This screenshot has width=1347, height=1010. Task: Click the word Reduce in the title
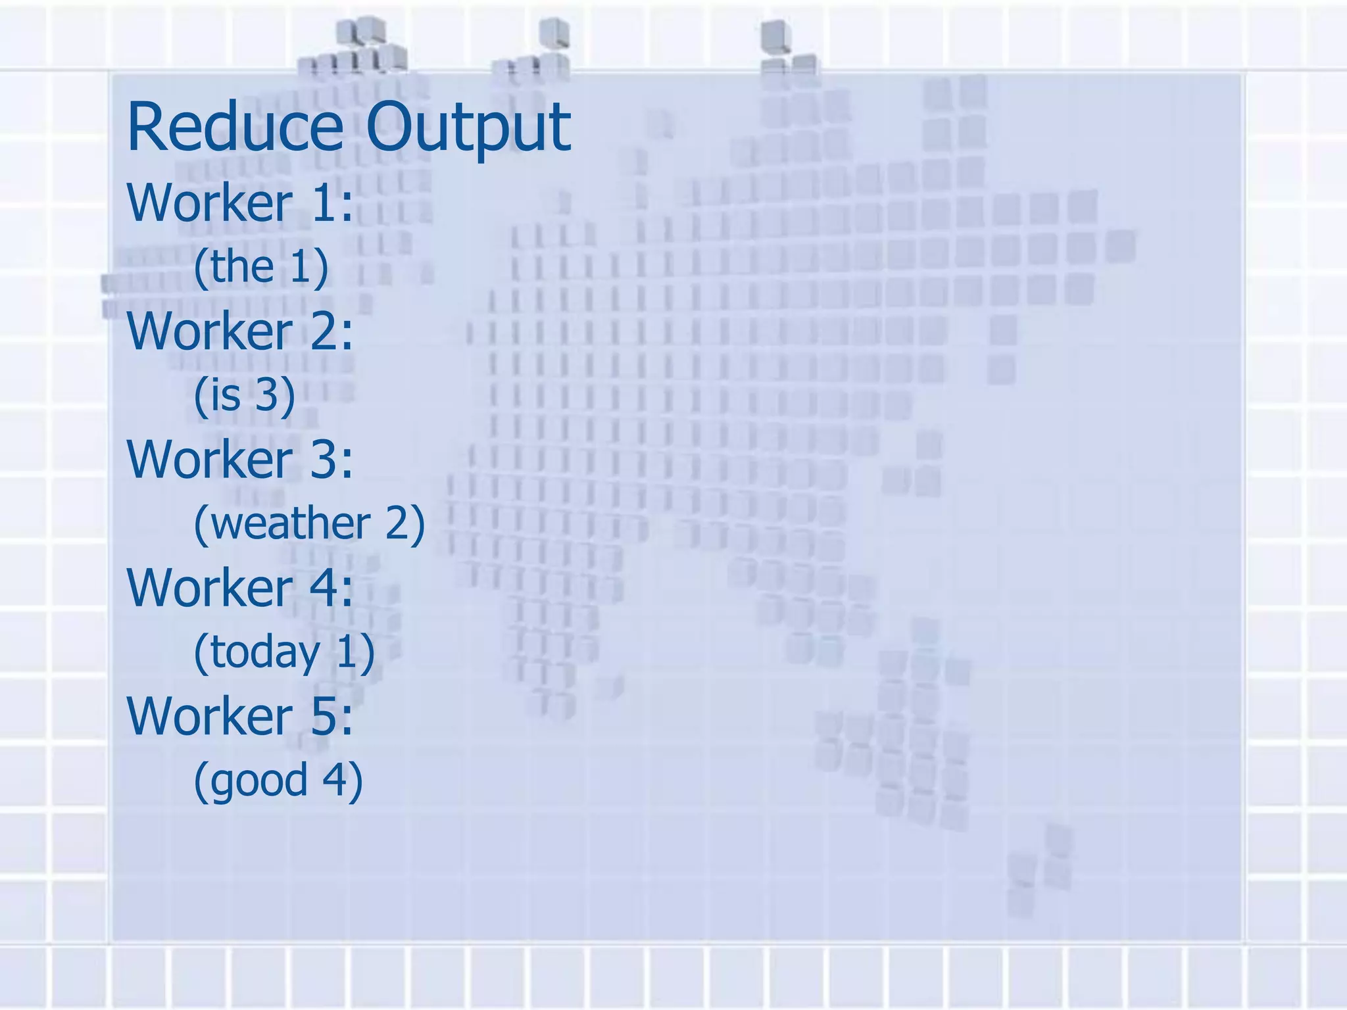[235, 126]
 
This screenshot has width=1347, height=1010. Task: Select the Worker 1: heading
[240, 203]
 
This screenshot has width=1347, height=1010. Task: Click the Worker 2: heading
[240, 331]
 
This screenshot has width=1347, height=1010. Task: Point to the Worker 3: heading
[240, 459]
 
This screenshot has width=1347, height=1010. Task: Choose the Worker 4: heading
[240, 587]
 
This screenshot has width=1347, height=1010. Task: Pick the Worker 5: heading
[240, 715]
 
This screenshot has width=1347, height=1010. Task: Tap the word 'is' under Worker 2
[226, 395]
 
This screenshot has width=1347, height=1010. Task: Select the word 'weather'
[291, 524]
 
